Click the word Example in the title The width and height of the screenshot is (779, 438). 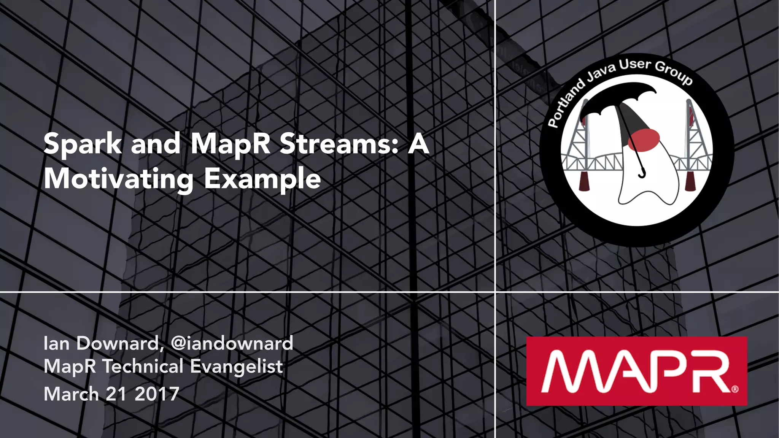(x=262, y=179)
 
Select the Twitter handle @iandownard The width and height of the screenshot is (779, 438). (x=232, y=343)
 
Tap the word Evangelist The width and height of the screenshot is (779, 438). (x=236, y=367)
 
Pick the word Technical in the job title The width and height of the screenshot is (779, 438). (x=143, y=367)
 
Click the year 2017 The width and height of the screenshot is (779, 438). (x=157, y=394)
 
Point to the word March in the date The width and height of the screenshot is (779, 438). (x=71, y=394)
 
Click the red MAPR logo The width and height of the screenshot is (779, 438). (x=636, y=371)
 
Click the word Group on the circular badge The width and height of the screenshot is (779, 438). (x=674, y=73)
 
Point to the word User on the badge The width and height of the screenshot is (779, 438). (x=635, y=65)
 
